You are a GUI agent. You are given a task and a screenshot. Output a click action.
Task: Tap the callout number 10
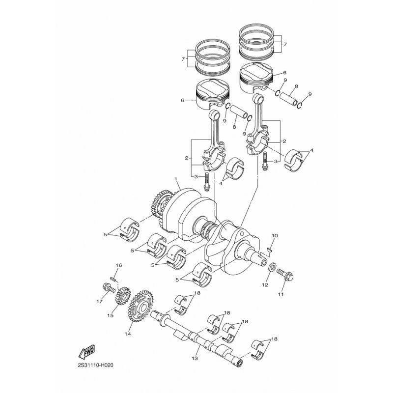pyautogui.click(x=275, y=236)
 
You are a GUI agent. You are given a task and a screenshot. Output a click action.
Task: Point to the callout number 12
pyautogui.click(x=265, y=284)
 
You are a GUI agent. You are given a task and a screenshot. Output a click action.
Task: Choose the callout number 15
pyautogui.click(x=111, y=316)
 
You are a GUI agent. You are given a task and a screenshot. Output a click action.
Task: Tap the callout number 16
pyautogui.click(x=118, y=265)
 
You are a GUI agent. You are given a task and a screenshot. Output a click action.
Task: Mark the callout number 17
pyautogui.click(x=98, y=302)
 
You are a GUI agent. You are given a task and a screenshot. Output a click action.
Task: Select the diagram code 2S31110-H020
pyautogui.click(x=99, y=366)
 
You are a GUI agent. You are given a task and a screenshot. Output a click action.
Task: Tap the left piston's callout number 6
pyautogui.click(x=182, y=101)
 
